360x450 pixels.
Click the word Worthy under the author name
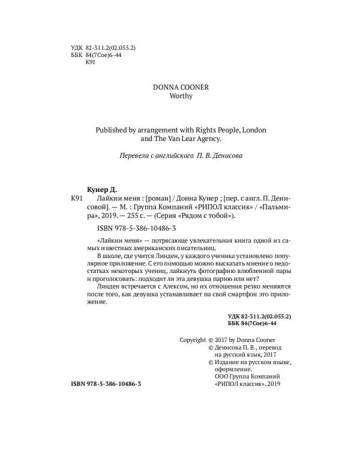coord(181,97)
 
